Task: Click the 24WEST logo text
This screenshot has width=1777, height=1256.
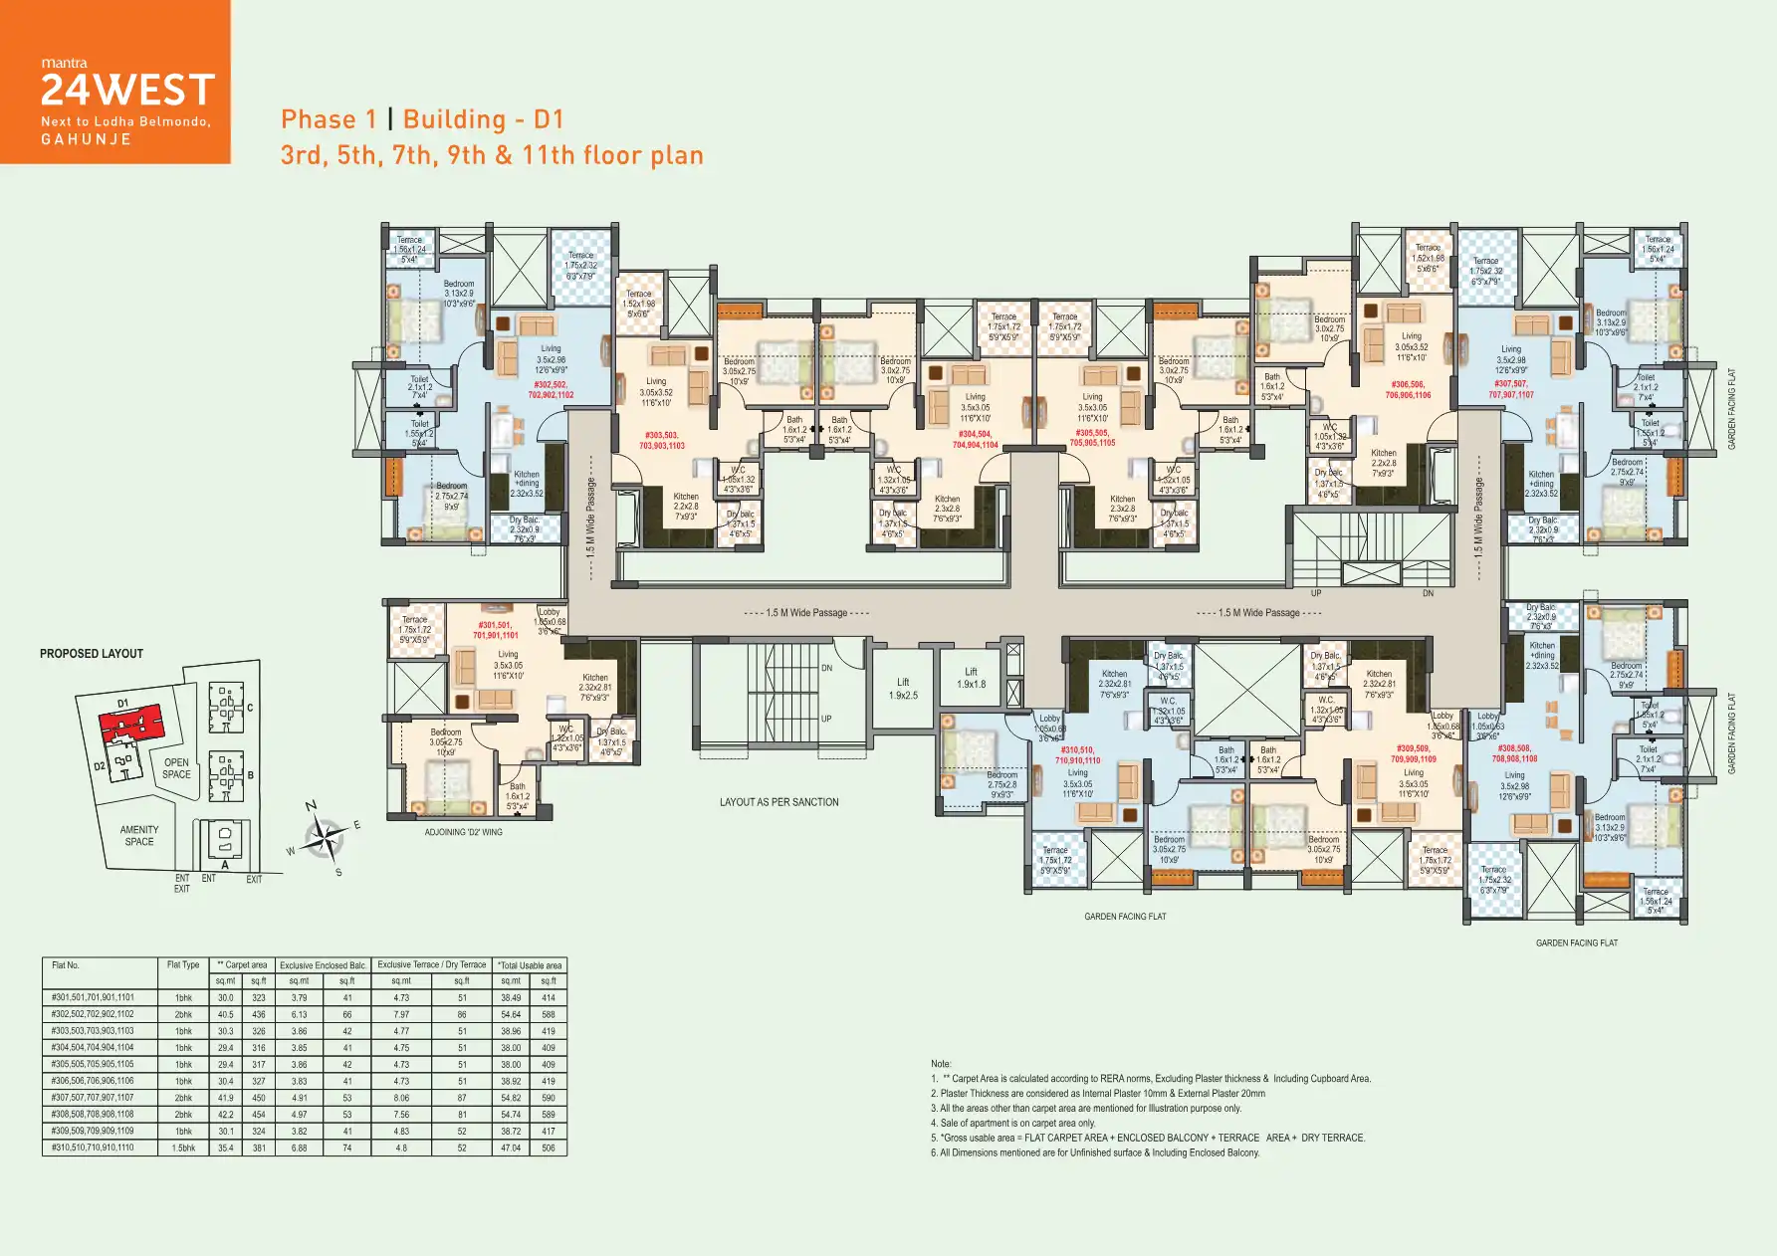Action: click(127, 91)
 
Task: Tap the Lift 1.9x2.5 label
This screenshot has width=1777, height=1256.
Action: click(903, 689)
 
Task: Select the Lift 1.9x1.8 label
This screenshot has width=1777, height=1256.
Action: click(971, 678)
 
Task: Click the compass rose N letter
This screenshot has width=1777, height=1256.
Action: click(311, 806)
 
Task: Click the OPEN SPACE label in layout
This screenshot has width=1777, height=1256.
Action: click(176, 768)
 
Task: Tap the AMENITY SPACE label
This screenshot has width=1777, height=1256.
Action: click(139, 835)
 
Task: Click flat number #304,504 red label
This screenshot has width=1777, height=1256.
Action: click(975, 439)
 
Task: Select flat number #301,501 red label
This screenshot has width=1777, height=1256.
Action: click(495, 630)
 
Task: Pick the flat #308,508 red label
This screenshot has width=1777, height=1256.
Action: click(1514, 753)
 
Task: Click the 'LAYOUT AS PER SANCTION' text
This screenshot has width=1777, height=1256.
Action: click(778, 802)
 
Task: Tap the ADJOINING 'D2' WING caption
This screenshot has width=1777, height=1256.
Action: click(463, 832)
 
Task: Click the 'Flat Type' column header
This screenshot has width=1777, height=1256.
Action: click(183, 964)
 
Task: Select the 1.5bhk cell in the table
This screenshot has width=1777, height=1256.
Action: click(183, 1148)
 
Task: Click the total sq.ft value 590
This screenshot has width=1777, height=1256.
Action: click(549, 1098)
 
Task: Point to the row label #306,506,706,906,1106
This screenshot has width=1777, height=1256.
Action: click(93, 1081)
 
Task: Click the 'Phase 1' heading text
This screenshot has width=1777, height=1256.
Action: click(329, 119)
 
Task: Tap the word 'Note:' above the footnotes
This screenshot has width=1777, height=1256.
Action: click(941, 1064)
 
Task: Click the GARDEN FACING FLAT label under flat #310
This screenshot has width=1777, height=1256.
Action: click(1125, 917)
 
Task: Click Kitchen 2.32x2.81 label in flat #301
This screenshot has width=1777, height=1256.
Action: click(595, 688)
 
